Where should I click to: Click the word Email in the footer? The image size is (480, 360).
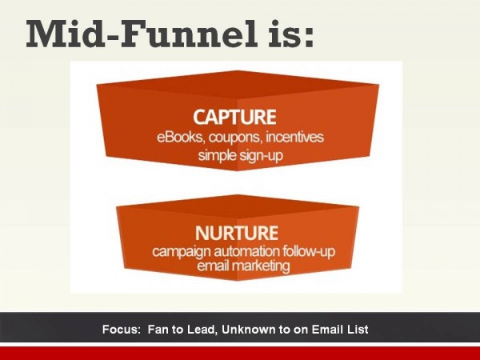click(332, 329)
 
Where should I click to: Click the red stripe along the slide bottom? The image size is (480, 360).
click(240, 353)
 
